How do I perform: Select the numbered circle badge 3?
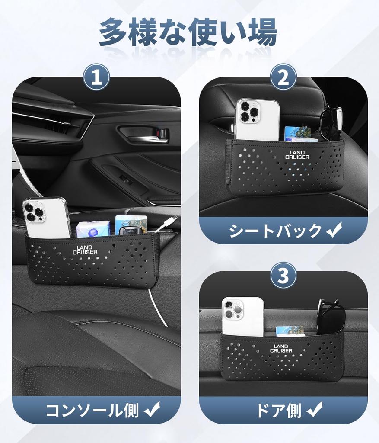pyautogui.click(x=283, y=276)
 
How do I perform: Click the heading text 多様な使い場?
pyautogui.click(x=188, y=32)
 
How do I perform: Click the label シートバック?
pyautogui.click(x=275, y=231)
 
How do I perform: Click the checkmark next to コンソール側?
pyautogui.click(x=152, y=409)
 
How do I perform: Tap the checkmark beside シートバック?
pyautogui.click(x=334, y=230)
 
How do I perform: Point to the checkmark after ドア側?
pyautogui.click(x=314, y=409)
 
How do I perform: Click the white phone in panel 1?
pyautogui.click(x=46, y=218)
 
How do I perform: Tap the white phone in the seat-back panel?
pyautogui.click(x=256, y=120)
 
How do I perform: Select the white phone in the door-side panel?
pyautogui.click(x=242, y=317)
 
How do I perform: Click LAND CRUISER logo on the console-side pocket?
pyautogui.click(x=85, y=250)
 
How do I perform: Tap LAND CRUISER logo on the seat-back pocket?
pyautogui.click(x=297, y=155)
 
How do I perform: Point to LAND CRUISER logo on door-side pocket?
pyautogui.click(x=281, y=349)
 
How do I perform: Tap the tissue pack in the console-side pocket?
pyautogui.click(x=92, y=229)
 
